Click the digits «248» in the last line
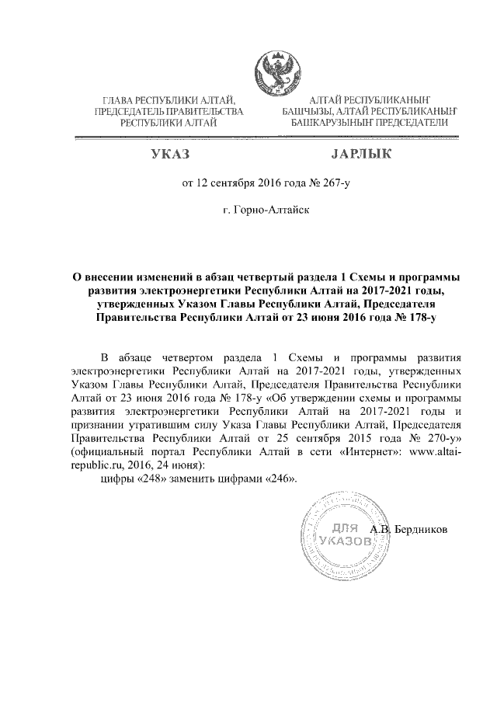tap(151, 479)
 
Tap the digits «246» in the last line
tap(280, 479)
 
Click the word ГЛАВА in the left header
tap(120, 100)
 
